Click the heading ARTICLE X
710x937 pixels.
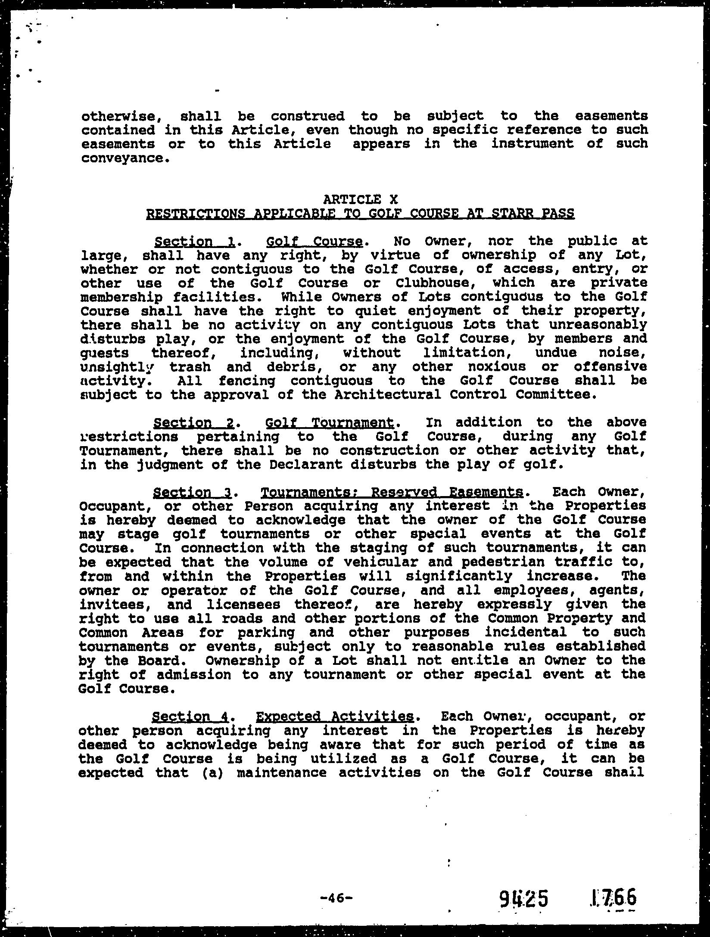pyautogui.click(x=360, y=199)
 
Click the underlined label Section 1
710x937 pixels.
pyautogui.click(x=194, y=241)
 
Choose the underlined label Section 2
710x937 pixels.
pyautogui.click(x=193, y=423)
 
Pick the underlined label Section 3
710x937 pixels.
pyautogui.click(x=193, y=492)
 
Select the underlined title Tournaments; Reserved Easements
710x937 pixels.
pyautogui.click(x=392, y=492)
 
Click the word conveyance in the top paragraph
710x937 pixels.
pyautogui.click(x=122, y=158)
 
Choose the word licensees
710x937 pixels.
pyautogui.click(x=243, y=604)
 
